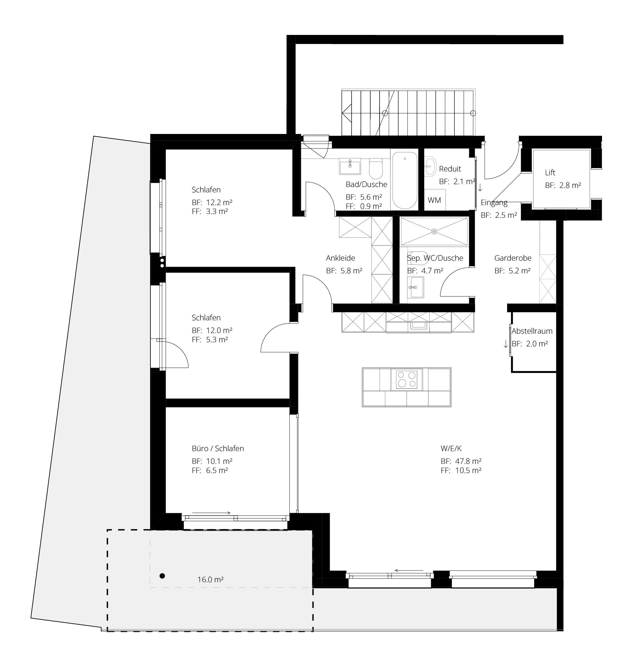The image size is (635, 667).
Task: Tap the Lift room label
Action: click(x=550, y=173)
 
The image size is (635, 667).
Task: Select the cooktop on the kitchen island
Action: click(x=407, y=380)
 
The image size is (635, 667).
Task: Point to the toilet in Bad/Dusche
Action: click(x=375, y=169)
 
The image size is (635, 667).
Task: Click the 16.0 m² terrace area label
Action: click(x=210, y=580)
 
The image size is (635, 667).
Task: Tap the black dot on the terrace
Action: click(x=162, y=576)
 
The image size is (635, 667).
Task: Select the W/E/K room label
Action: click(x=451, y=449)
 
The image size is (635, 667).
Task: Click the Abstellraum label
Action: click(x=532, y=331)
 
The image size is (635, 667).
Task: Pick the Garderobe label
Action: click(x=513, y=258)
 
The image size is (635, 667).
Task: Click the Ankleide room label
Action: click(x=341, y=258)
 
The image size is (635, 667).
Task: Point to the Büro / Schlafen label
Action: click(x=218, y=449)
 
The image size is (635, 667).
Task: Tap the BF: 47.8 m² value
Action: click(x=461, y=461)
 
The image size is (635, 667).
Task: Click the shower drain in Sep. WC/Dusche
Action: click(x=434, y=231)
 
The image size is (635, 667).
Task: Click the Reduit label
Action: click(x=450, y=169)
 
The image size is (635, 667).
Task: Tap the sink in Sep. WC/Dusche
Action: click(x=415, y=287)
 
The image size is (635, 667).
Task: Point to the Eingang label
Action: click(x=494, y=203)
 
